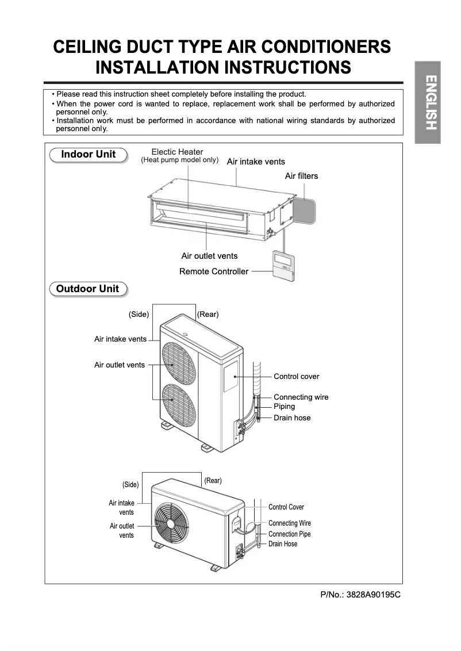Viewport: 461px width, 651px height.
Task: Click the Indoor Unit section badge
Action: click(89, 155)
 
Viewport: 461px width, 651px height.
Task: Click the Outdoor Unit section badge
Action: click(88, 289)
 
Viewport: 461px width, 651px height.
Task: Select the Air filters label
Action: click(301, 176)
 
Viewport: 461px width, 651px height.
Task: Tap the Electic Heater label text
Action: click(177, 152)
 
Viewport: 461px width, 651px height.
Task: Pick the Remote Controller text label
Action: click(214, 271)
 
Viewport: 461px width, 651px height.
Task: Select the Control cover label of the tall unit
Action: click(296, 377)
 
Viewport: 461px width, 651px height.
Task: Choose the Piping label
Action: click(284, 407)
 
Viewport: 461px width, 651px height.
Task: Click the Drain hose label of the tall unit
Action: click(292, 418)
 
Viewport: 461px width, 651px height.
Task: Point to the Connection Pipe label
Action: click(289, 534)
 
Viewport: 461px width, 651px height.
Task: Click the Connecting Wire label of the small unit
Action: click(290, 523)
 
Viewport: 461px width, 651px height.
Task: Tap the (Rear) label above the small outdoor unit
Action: click(213, 481)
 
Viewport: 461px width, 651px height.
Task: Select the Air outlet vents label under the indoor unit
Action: click(209, 256)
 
